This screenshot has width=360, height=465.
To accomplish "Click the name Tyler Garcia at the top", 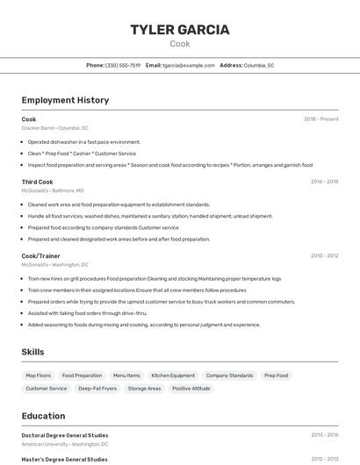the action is click(x=180, y=30).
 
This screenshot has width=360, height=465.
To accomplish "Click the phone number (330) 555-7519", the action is click(x=123, y=65).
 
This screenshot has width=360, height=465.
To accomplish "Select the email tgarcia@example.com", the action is click(x=189, y=65).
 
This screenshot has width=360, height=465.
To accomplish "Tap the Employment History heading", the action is click(x=65, y=100).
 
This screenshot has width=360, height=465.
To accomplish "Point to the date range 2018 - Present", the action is click(x=321, y=118).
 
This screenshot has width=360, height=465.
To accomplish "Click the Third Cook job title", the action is click(x=37, y=182).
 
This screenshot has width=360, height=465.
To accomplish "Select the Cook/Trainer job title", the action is click(x=40, y=255).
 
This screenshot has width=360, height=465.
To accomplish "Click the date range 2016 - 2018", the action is click(x=324, y=182).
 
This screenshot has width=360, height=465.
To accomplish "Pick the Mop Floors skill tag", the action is click(x=38, y=376).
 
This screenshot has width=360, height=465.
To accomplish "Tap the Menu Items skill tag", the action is click(x=126, y=376).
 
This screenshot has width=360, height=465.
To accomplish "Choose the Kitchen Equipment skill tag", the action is click(x=173, y=376).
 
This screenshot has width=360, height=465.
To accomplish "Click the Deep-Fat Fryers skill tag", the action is click(x=97, y=388).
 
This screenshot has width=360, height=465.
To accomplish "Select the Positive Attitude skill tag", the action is click(x=191, y=388).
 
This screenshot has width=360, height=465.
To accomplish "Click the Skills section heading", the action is click(x=33, y=352).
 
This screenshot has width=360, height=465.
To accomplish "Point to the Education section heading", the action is click(x=43, y=416).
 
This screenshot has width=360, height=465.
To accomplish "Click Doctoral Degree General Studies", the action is click(x=65, y=435).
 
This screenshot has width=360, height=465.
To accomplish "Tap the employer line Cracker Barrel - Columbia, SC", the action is click(x=54, y=128).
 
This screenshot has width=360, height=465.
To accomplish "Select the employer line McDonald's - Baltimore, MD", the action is click(x=53, y=190).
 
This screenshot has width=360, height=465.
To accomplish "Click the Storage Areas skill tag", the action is click(x=144, y=388).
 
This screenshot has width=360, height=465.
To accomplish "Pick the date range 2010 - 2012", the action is click(x=324, y=255).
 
